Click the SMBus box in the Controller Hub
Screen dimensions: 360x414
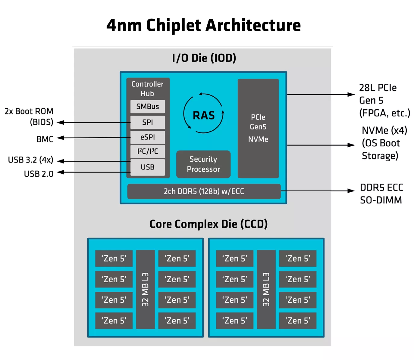(x=147, y=107)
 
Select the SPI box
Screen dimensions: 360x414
(x=147, y=123)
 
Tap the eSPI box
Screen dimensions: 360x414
(x=147, y=137)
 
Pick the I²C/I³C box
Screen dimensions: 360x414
(x=147, y=151)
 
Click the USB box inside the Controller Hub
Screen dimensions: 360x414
(x=147, y=167)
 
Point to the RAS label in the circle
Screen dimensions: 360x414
(x=204, y=115)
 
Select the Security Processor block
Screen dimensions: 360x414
(x=203, y=164)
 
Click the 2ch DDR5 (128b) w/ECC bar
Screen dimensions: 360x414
(x=204, y=191)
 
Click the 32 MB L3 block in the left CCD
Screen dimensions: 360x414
(x=145, y=289)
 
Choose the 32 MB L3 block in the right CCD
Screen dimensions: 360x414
(x=266, y=289)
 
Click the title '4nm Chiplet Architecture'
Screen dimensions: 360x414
(x=204, y=25)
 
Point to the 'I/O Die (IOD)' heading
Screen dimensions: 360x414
(x=204, y=58)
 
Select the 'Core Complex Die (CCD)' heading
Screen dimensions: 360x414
(x=209, y=224)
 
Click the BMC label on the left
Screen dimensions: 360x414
(x=45, y=139)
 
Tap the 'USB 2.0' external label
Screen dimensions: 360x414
(x=39, y=174)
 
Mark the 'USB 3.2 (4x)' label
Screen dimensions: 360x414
(x=30, y=160)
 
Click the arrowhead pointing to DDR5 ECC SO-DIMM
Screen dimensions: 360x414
(x=351, y=191)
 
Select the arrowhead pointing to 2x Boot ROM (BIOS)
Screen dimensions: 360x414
(x=61, y=123)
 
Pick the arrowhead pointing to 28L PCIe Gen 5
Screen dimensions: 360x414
(x=351, y=95)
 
